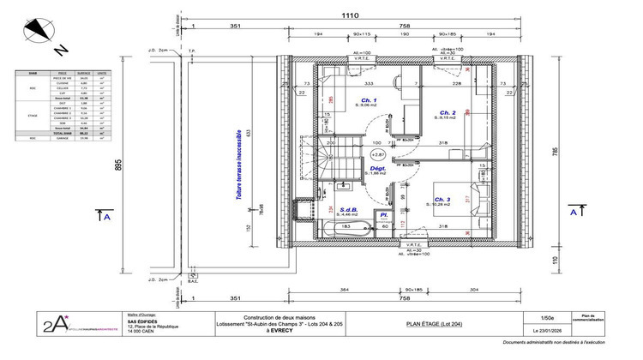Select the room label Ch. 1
[x=370, y=100]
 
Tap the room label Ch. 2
[x=447, y=112]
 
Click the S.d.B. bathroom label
[x=349, y=209]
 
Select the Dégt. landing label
[x=378, y=169]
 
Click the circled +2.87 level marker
[x=378, y=154]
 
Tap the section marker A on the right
[x=572, y=211]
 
